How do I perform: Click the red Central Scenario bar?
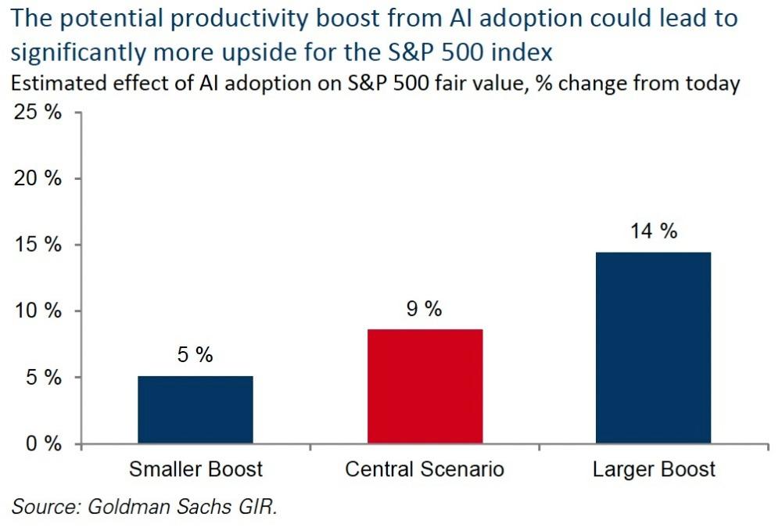click(x=425, y=386)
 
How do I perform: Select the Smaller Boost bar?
click(x=195, y=410)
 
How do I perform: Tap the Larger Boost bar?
click(x=653, y=348)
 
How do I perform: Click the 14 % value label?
click(x=654, y=231)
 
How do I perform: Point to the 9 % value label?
click(x=425, y=309)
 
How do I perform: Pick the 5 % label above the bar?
click(x=195, y=355)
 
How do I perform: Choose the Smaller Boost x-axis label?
click(x=195, y=470)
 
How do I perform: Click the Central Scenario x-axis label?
click(x=425, y=470)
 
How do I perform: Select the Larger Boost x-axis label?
click(x=654, y=470)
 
